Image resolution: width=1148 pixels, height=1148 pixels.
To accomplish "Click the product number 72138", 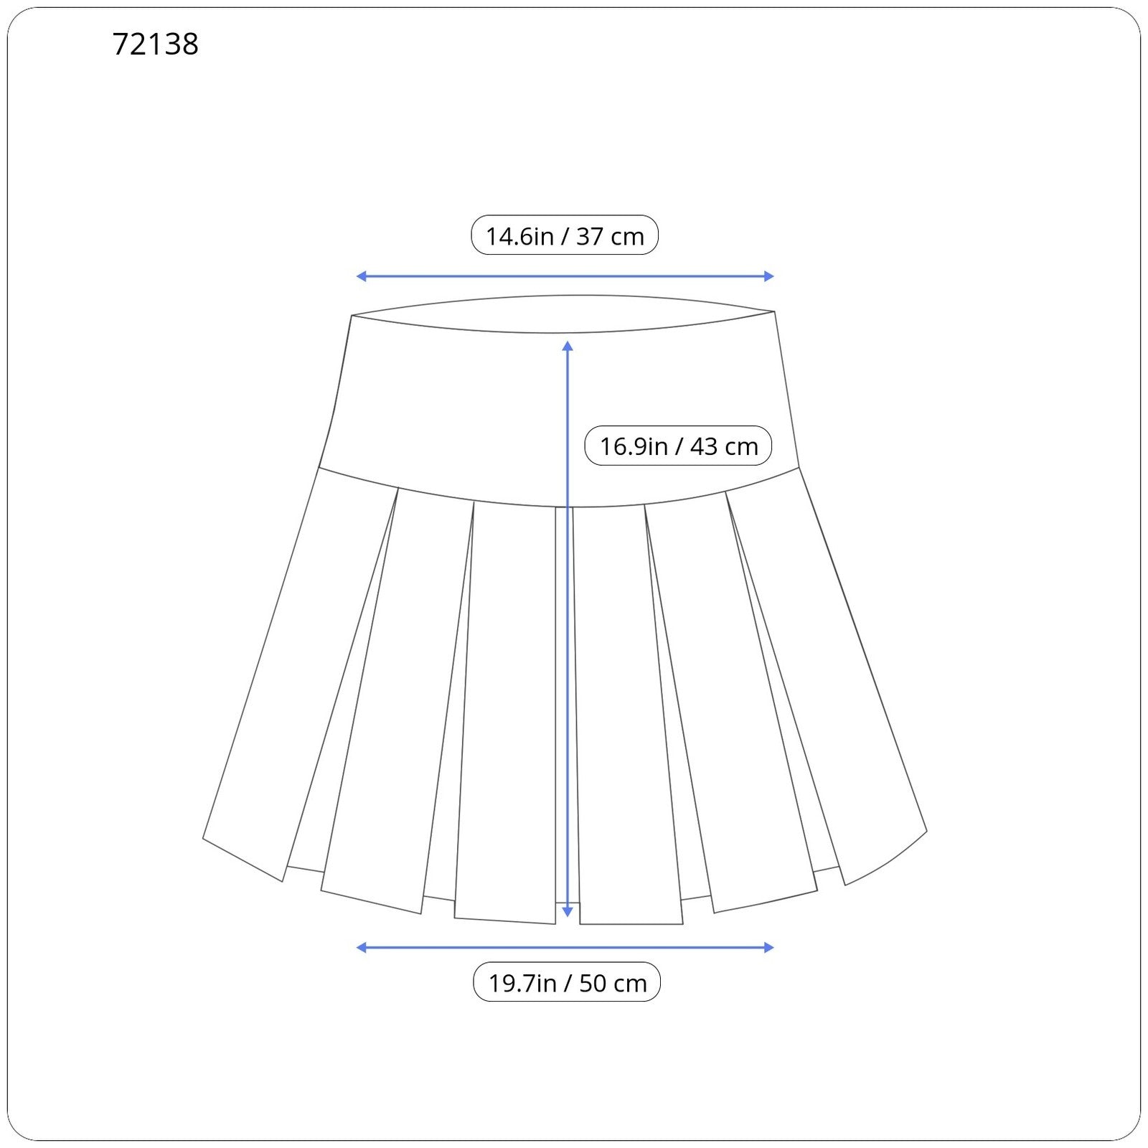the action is pyautogui.click(x=155, y=44).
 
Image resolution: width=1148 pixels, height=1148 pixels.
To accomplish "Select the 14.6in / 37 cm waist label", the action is pyautogui.click(x=565, y=235).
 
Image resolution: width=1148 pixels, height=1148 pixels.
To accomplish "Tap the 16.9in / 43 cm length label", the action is pyautogui.click(x=679, y=446).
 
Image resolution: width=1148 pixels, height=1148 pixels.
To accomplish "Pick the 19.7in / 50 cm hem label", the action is pyautogui.click(x=567, y=982).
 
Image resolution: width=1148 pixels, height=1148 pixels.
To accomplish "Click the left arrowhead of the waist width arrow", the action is pyautogui.click(x=361, y=276).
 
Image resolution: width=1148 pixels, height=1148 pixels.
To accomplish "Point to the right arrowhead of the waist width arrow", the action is pyautogui.click(x=769, y=276).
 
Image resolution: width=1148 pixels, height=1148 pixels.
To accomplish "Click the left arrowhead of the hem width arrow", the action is pyautogui.click(x=361, y=948).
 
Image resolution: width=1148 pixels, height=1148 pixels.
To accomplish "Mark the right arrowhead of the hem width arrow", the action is pyautogui.click(x=769, y=948).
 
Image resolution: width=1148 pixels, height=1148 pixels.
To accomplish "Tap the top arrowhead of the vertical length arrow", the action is pyautogui.click(x=568, y=346).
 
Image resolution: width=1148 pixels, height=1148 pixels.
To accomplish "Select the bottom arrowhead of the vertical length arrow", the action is pyautogui.click(x=568, y=912).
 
